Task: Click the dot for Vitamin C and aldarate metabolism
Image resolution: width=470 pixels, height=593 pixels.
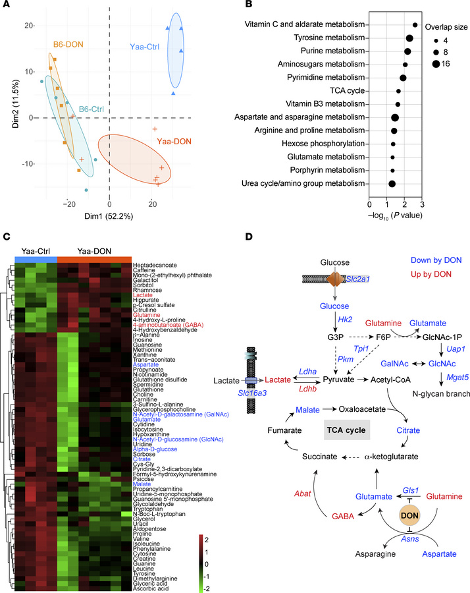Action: click(415, 25)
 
